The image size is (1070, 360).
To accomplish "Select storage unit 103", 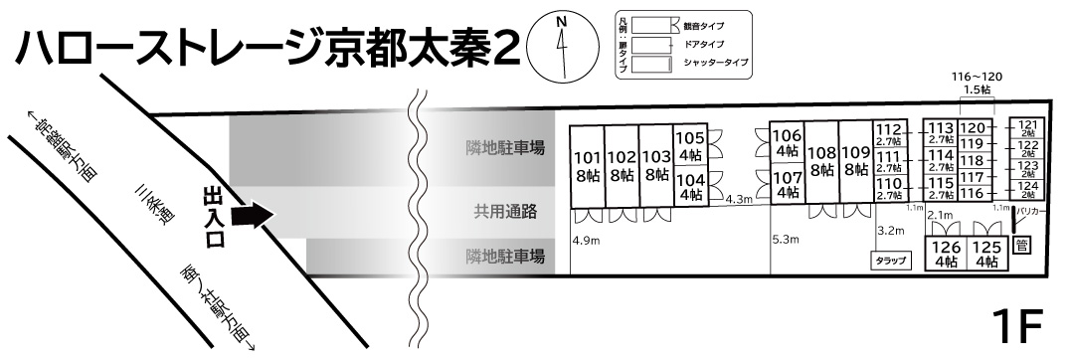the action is [x=655, y=165].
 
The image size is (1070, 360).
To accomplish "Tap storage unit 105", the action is [x=690, y=145].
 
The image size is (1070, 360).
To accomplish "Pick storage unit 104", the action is [x=690, y=187].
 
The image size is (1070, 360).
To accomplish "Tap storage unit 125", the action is [x=984, y=255].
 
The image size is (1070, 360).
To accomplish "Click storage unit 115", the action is [x=941, y=188].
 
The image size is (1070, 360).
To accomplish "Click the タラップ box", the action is [x=890, y=261].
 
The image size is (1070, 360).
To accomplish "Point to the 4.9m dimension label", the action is [x=587, y=240].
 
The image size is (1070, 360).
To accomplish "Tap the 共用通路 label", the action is [x=505, y=211].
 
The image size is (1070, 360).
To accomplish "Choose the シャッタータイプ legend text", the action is [x=716, y=64].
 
